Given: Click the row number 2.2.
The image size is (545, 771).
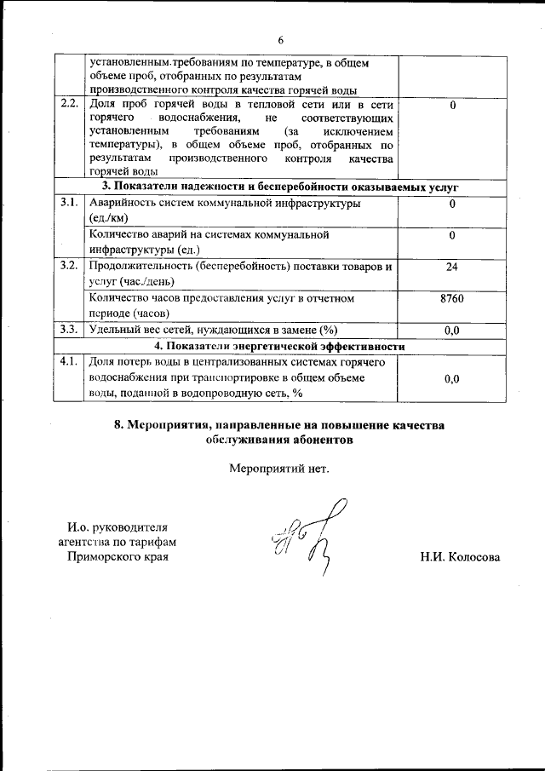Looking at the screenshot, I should click(70, 104).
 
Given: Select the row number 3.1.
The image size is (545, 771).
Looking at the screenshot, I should click(70, 204).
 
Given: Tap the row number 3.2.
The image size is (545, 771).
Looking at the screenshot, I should click(70, 266).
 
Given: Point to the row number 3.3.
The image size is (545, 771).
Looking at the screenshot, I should click(70, 329).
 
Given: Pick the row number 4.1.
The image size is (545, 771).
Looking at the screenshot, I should click(70, 362).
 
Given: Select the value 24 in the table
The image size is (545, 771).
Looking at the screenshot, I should click(452, 267).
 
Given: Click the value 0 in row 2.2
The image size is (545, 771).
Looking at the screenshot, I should click(452, 105).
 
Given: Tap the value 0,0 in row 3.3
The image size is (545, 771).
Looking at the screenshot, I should click(452, 330).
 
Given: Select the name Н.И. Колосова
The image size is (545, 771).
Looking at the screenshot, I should click(460, 558).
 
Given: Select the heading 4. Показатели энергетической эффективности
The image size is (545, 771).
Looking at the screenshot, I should click(278, 346).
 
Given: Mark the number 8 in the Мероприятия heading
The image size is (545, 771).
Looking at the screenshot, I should click(118, 424).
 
